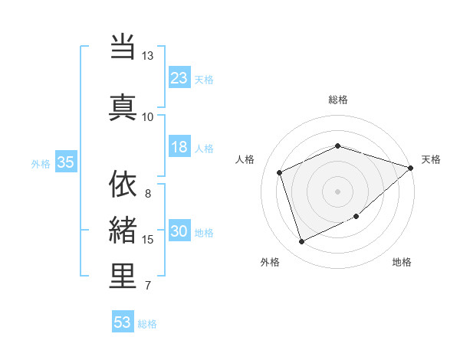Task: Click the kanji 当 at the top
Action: coord(123,47)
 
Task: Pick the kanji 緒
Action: coord(123,230)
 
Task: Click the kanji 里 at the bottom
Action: coord(123,276)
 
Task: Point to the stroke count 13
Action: coord(148,56)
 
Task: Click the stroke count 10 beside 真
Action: coord(148,116)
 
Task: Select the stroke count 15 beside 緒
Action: coord(148,240)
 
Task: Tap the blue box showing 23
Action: coord(179,78)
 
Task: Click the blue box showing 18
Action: coord(179,147)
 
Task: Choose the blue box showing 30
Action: coord(179,231)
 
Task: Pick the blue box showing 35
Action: coord(65,162)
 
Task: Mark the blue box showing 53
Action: coord(122,322)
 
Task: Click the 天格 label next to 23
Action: coord(204,80)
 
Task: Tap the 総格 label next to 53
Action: coord(147,324)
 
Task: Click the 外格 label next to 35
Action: coord(41,163)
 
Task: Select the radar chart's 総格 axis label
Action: coord(337,100)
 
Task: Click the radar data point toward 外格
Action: coord(301,242)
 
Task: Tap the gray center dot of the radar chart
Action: coord(337,191)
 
